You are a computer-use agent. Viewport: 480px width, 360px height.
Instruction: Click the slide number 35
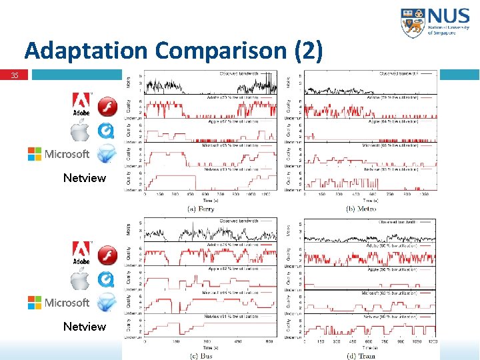point(14,75)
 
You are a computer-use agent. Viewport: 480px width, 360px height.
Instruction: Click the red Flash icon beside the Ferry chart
point(107,107)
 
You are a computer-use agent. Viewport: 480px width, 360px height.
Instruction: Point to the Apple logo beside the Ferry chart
point(81,131)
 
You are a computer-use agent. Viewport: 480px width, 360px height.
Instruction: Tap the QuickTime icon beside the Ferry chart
point(107,130)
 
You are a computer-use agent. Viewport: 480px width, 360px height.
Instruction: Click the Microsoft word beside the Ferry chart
point(67,154)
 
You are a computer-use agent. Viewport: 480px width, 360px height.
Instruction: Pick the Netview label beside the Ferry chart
point(84,178)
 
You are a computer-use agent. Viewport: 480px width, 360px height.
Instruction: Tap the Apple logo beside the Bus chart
point(81,280)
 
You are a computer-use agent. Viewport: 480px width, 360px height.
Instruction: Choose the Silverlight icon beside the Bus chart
point(107,303)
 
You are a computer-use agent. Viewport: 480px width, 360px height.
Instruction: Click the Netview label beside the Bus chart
point(84,327)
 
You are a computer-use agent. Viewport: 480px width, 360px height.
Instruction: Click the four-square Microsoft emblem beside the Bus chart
point(35,303)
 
